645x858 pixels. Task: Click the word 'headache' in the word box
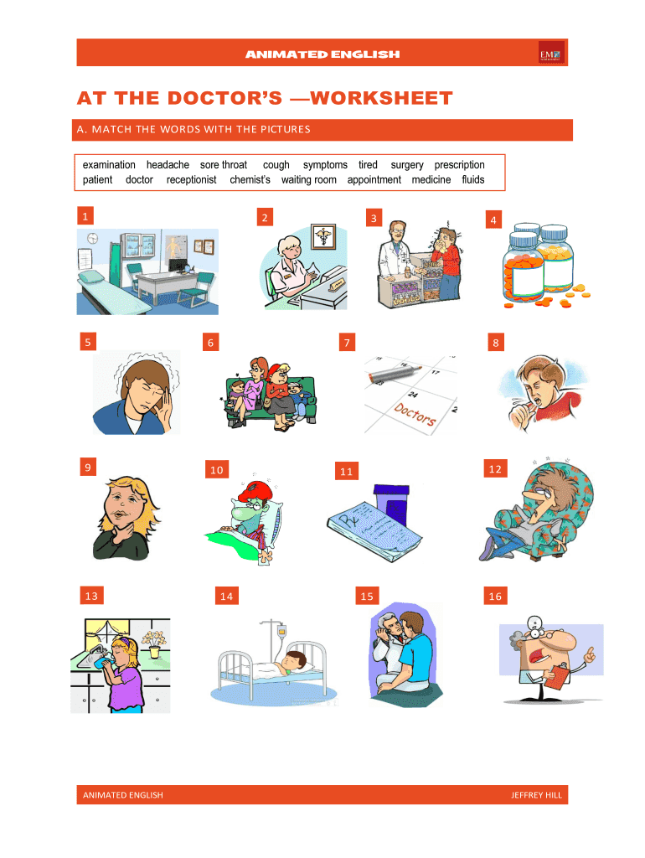(168, 165)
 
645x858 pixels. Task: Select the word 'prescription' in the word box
(460, 165)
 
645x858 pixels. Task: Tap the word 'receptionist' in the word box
(192, 180)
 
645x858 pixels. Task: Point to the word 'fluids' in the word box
(473, 179)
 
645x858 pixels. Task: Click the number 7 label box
(347, 343)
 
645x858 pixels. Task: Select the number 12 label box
(495, 469)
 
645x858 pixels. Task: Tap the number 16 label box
(495, 596)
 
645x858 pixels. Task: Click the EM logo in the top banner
(551, 53)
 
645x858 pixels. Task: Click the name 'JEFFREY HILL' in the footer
(536, 795)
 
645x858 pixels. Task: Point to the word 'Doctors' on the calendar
(415, 414)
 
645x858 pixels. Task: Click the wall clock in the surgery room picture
(92, 239)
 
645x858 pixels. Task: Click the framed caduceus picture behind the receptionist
(323, 237)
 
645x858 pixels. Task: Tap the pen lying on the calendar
(394, 375)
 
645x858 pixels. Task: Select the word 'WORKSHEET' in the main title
(381, 98)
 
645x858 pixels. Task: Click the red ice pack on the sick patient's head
(255, 489)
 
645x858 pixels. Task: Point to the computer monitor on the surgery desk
(178, 265)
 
